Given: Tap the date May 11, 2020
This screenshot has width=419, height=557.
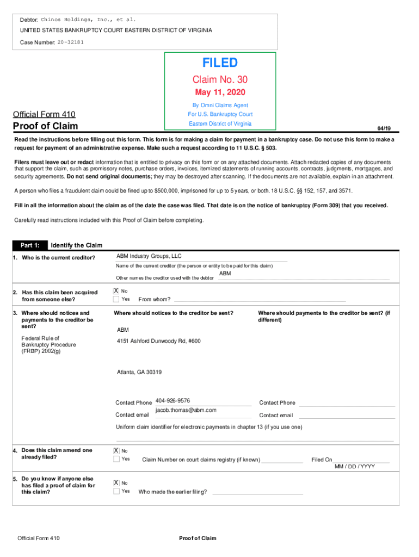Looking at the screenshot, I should click(x=220, y=92).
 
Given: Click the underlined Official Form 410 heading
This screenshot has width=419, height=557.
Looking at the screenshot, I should click(x=44, y=114).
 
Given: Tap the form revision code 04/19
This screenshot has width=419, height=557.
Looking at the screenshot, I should click(x=384, y=128).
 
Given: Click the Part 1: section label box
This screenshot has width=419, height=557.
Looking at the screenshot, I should click(x=30, y=245).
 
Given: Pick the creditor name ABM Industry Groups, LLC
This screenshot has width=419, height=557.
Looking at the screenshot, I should click(x=149, y=256).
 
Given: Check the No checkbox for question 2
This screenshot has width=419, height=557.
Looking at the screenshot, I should click(x=116, y=291).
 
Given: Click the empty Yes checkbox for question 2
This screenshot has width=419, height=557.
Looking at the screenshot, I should click(x=116, y=299).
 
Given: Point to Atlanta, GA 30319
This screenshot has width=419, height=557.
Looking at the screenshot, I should click(x=139, y=372).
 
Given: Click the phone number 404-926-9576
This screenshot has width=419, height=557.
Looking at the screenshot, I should click(x=172, y=400).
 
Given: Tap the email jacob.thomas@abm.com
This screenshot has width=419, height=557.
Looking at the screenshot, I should click(x=186, y=410).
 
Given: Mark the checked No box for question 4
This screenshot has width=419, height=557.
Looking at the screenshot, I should click(x=116, y=450).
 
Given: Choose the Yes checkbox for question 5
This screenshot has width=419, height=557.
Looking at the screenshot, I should click(x=116, y=491).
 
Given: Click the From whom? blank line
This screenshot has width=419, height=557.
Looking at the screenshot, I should click(x=259, y=300).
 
